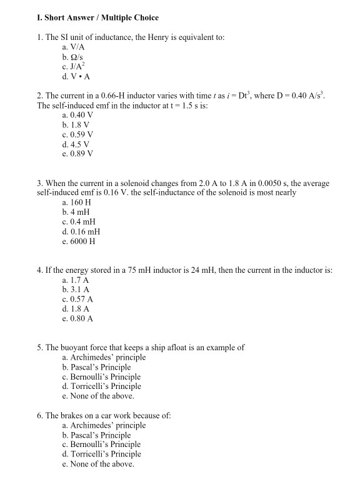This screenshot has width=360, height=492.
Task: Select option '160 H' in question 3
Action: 77,203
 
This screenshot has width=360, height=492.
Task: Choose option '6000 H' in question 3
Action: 79,242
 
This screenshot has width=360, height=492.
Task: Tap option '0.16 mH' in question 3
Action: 82,232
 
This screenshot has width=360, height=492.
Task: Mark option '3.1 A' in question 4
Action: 76,290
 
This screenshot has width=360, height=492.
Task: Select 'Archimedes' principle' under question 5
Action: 104,357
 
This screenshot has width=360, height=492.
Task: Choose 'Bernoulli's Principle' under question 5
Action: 102,376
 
